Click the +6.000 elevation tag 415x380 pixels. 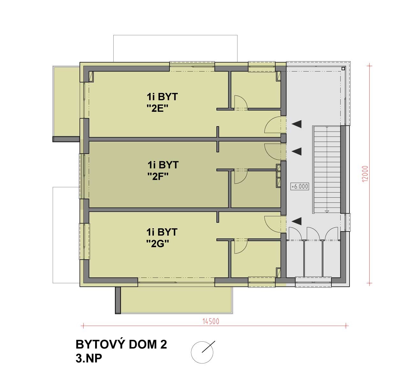click(300, 186)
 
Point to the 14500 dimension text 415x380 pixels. click(211, 322)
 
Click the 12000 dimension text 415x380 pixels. click(366, 174)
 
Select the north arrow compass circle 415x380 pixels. click(202, 352)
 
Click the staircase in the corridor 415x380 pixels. click(327, 170)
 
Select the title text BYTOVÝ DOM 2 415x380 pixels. click(121, 345)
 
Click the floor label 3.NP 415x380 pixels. click(89, 358)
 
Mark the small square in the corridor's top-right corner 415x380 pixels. click(343, 68)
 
